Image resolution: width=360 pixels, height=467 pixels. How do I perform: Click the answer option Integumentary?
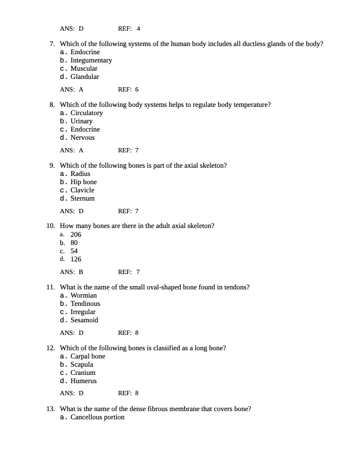pos(91,60)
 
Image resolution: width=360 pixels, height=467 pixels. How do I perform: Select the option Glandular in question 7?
pos(84,77)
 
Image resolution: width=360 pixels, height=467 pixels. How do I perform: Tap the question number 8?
pos(52,105)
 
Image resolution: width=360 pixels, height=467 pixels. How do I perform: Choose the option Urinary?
pos(82,121)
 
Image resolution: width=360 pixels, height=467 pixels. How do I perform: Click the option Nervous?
pos(82,138)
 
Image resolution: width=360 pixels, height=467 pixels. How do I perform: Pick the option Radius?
pos(80,174)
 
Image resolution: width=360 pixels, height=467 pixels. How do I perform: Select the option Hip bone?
pos(83,182)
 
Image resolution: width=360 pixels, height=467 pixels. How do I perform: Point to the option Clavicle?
pos(82,190)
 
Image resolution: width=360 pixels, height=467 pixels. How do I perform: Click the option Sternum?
pos(82,198)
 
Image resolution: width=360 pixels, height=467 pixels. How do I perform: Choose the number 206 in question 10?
pos(76,235)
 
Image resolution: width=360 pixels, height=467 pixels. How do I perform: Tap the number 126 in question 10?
pos(76,259)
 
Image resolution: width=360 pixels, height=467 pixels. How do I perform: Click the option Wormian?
pos(83,295)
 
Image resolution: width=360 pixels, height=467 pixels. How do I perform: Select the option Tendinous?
pos(85,304)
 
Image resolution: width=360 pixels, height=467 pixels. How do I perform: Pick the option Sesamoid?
pos(84,320)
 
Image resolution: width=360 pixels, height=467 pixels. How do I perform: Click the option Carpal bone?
pos(88,356)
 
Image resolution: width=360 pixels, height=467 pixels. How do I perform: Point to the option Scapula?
pos(82,365)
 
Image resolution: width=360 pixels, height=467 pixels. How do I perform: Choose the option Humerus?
pos(83,381)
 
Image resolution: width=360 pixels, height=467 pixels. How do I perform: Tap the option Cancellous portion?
pos(97,417)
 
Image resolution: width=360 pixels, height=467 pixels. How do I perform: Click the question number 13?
pos(50,409)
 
